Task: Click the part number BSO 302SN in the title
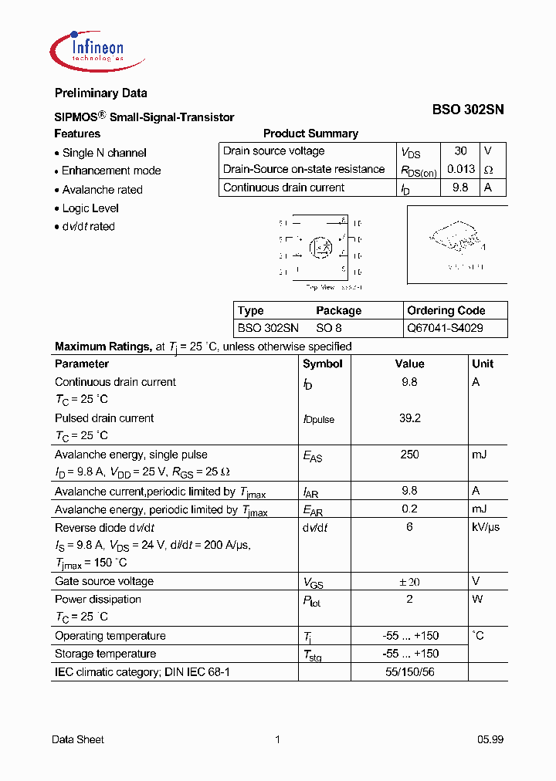click(467, 110)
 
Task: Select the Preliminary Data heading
click(100, 93)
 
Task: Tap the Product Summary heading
click(310, 134)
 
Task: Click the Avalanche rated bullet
click(102, 190)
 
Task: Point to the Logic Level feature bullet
click(90, 208)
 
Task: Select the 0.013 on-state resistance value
click(460, 169)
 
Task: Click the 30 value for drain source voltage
click(460, 151)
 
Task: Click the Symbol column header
click(323, 363)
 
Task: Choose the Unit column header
click(483, 363)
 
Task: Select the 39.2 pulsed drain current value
click(409, 418)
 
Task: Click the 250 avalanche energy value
click(409, 455)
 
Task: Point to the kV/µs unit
click(486, 527)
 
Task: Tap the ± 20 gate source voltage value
click(409, 582)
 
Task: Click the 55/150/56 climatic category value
click(409, 672)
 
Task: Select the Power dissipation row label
click(98, 600)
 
